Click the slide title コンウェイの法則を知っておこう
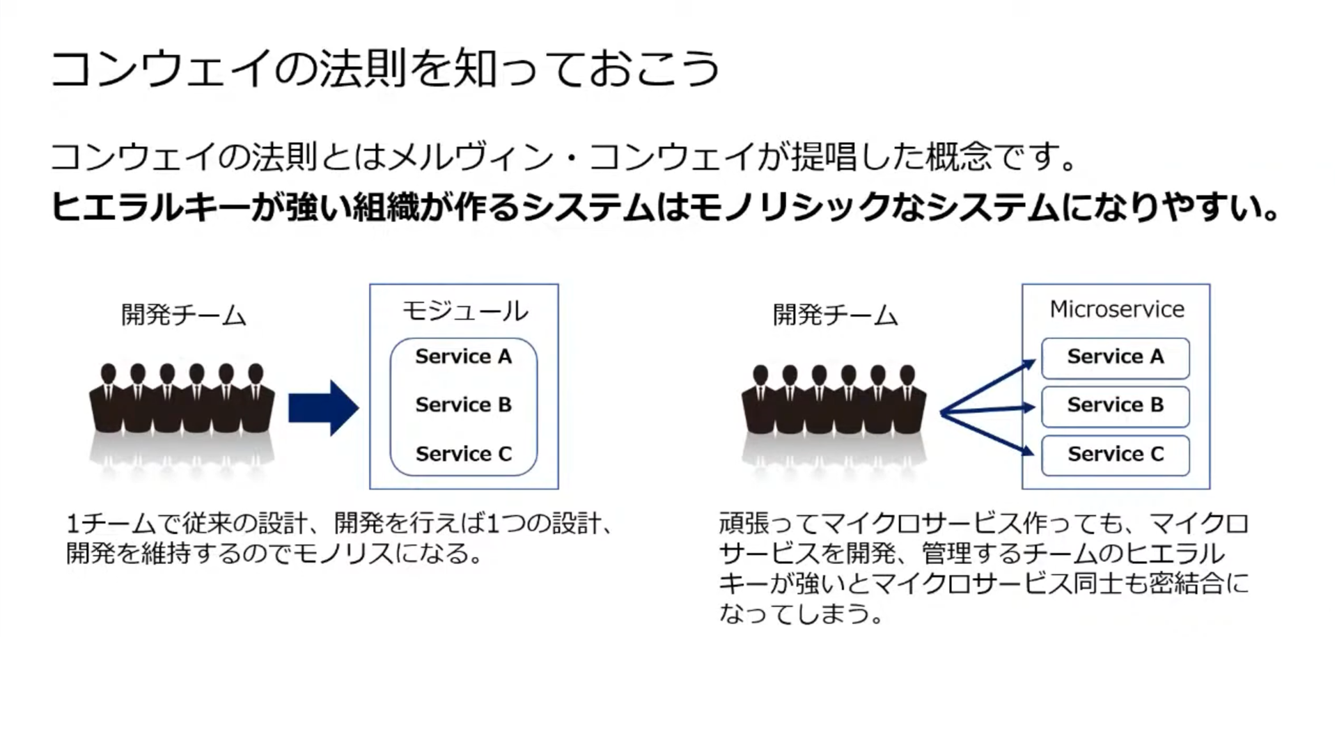(x=385, y=69)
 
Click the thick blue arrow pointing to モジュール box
(x=324, y=408)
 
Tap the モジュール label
(x=465, y=311)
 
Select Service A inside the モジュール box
(x=464, y=357)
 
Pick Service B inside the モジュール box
(x=464, y=405)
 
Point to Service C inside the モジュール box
(x=464, y=454)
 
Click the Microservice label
(x=1117, y=309)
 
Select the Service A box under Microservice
(x=1116, y=358)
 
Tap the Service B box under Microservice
(x=1116, y=407)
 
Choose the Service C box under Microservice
(x=1116, y=455)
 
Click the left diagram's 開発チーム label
(x=184, y=315)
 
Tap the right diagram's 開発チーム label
(x=836, y=315)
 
